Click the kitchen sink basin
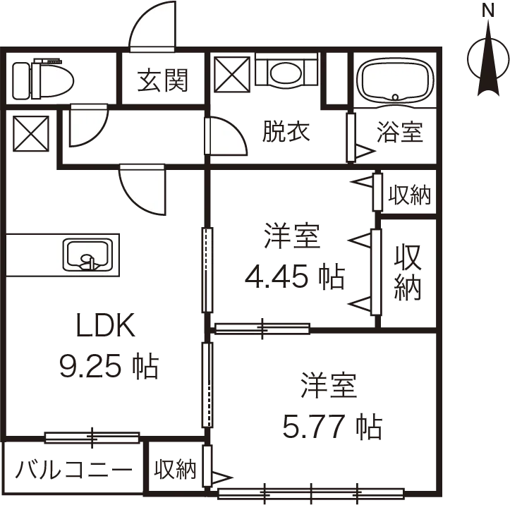87,255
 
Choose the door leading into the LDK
144,188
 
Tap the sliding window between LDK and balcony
92,438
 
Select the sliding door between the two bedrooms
262,328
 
